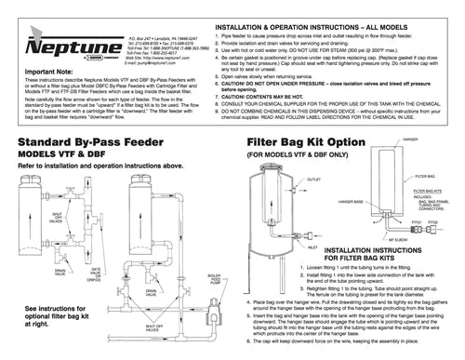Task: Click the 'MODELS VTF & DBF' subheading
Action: click(71, 155)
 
